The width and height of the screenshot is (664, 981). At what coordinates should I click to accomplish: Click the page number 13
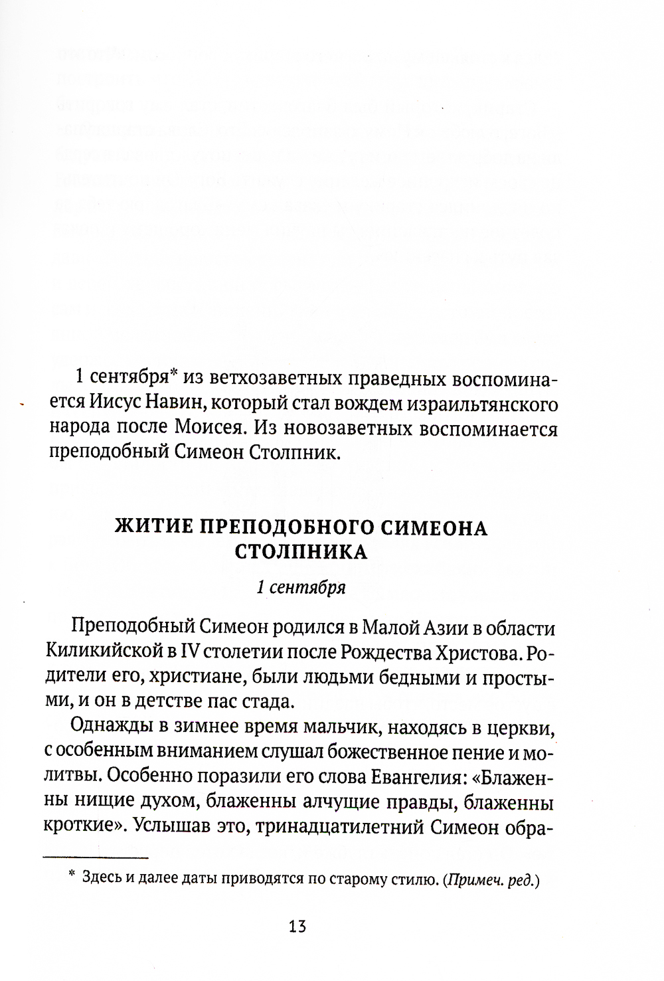[x=297, y=926]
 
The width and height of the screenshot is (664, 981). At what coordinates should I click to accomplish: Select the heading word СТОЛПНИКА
[x=301, y=553]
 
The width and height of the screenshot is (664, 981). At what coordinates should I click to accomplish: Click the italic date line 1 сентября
[x=301, y=588]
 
